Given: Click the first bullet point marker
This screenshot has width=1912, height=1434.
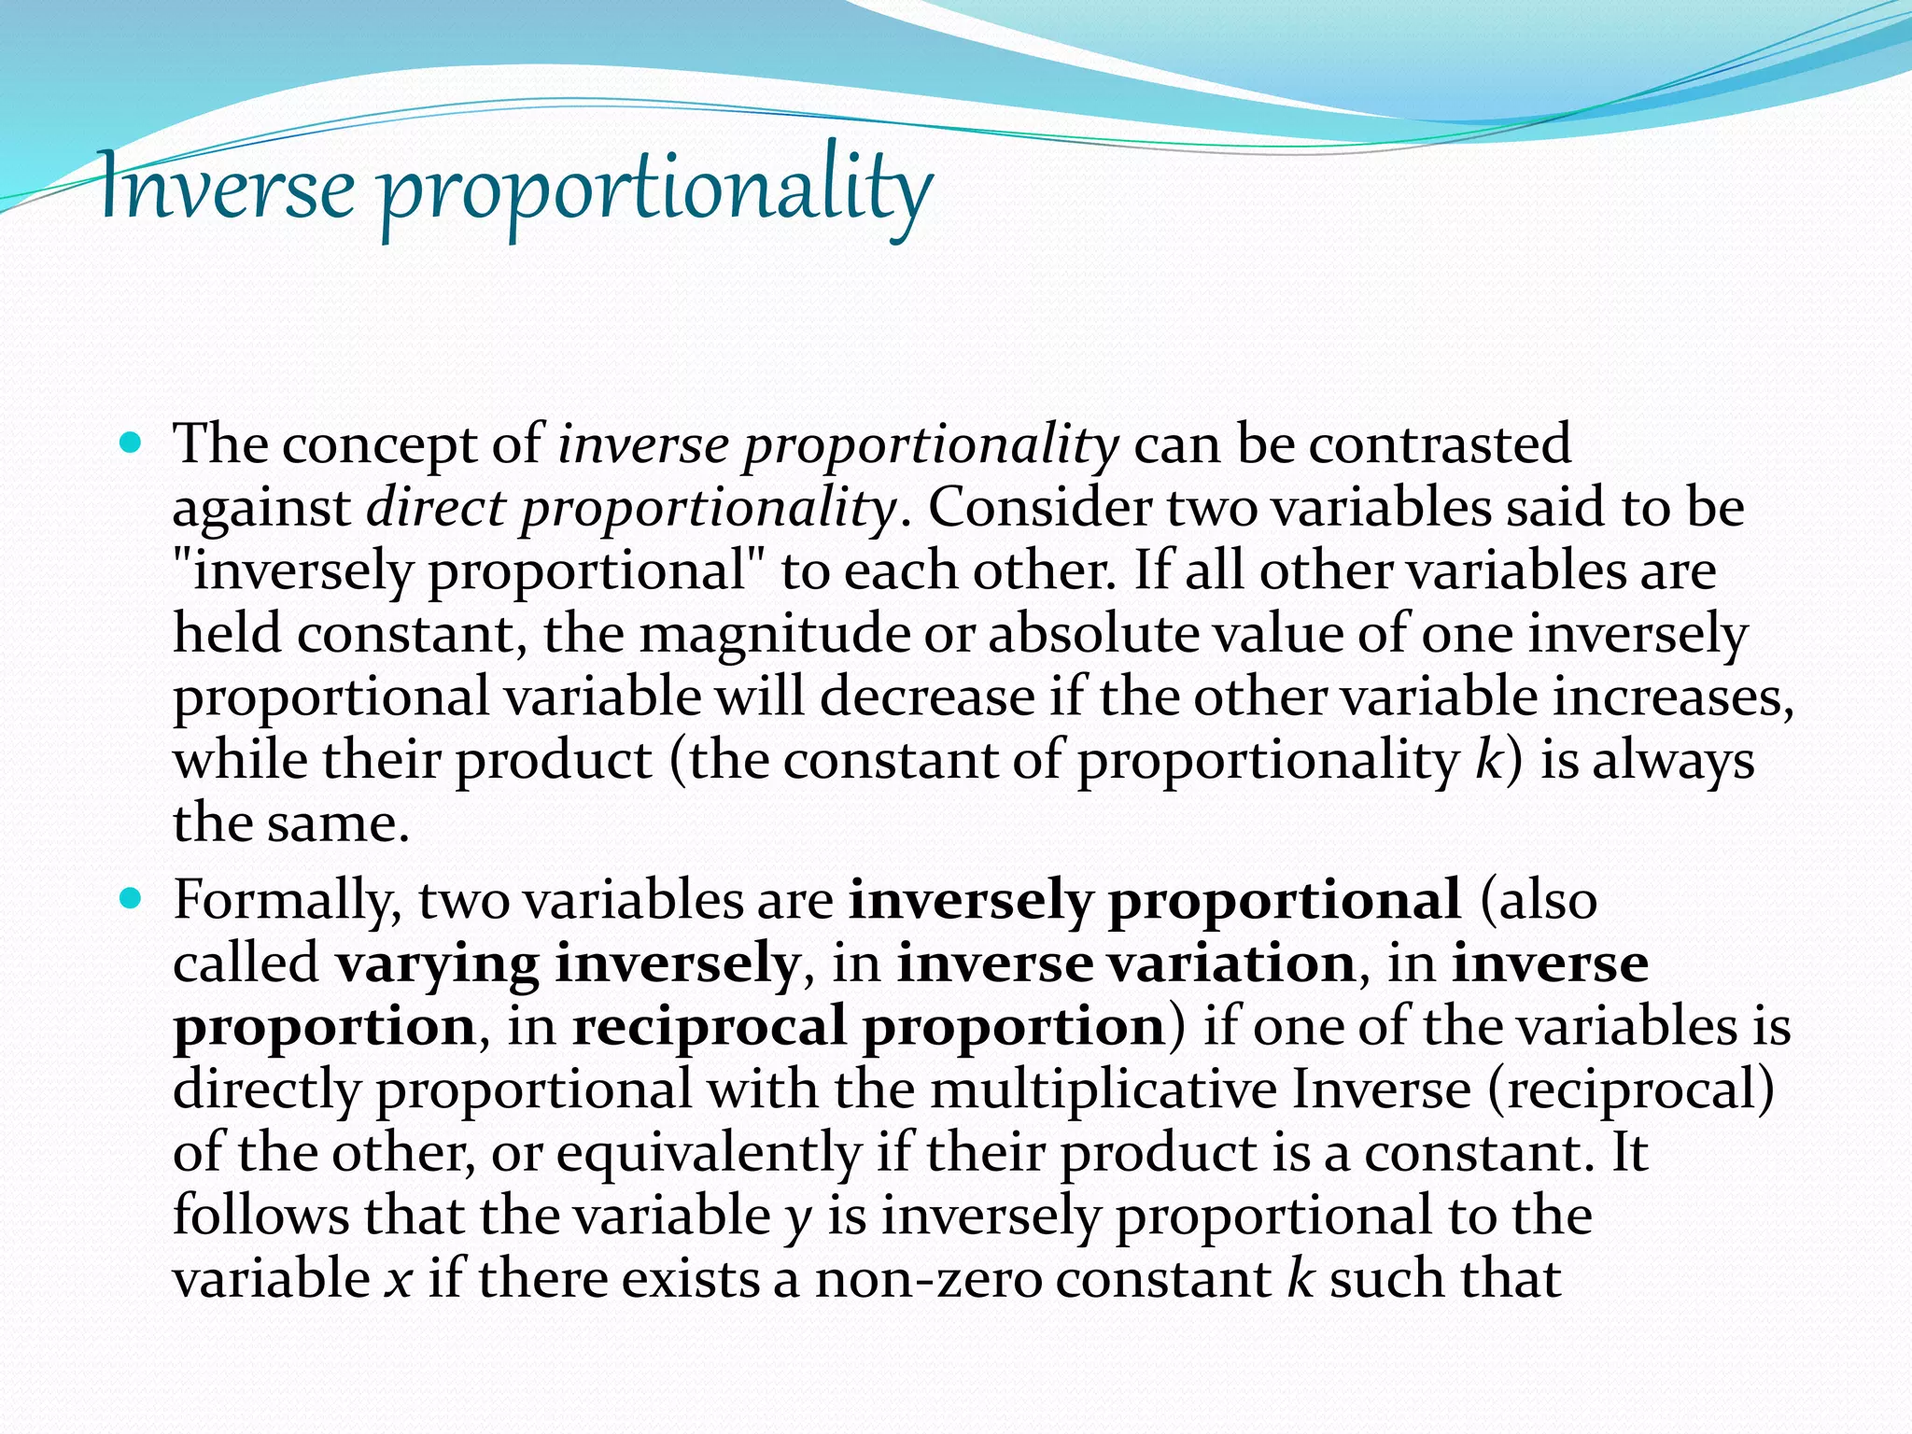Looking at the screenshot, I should coord(131,443).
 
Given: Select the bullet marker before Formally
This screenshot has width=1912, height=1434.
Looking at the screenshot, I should coord(131,899).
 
